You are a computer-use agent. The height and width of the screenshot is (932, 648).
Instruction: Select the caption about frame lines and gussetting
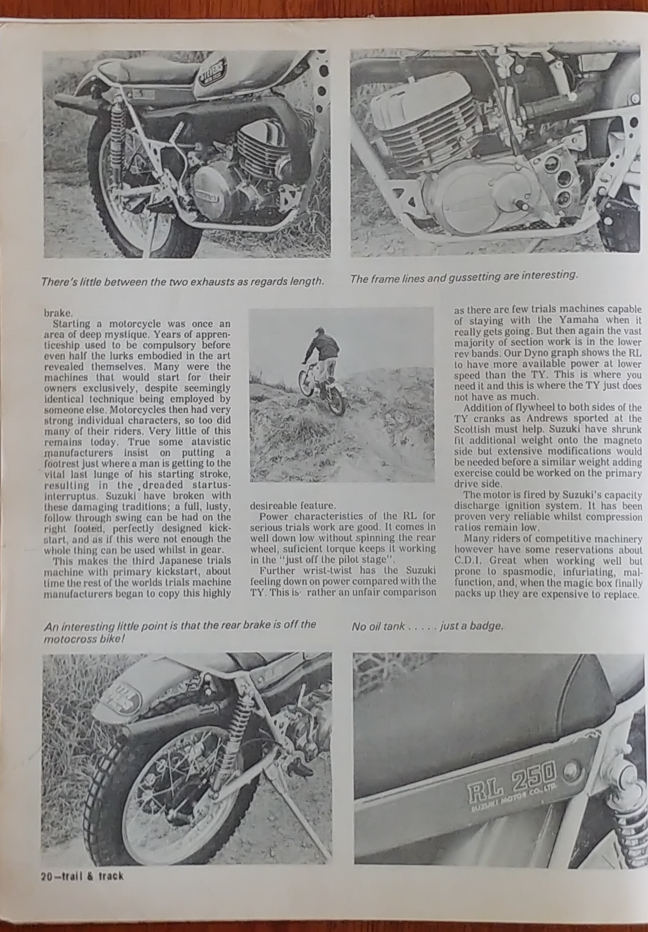pos(463,276)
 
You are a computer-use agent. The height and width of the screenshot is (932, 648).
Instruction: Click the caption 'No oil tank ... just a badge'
pos(427,626)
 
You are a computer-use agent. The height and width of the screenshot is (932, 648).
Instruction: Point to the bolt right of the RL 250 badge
pos(571,769)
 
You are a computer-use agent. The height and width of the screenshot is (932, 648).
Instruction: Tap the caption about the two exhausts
pos(183,281)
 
